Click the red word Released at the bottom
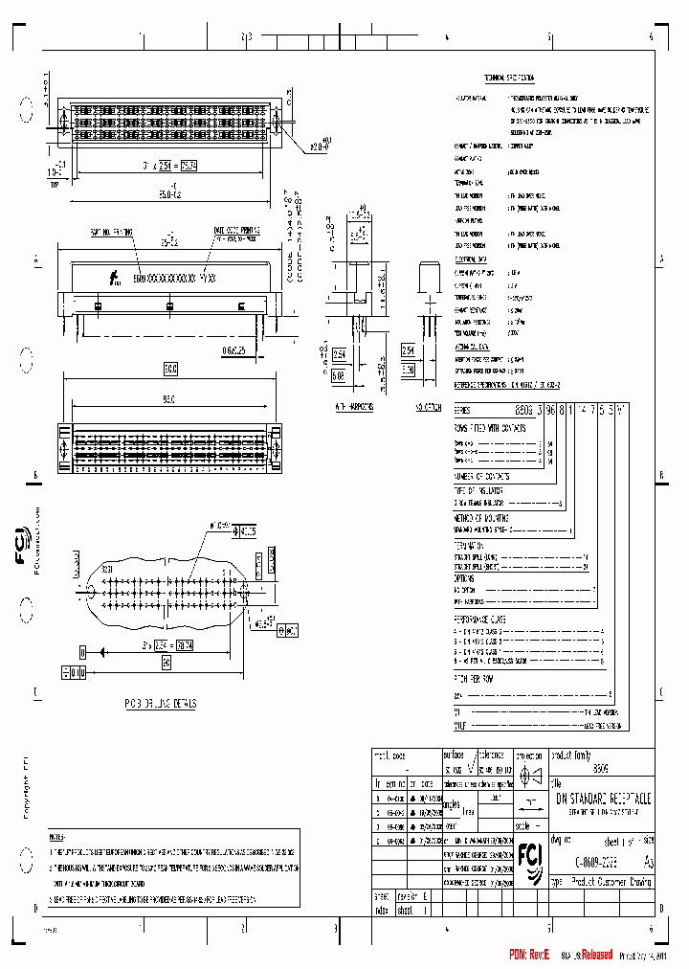[588, 954]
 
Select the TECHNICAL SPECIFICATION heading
[508, 77]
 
